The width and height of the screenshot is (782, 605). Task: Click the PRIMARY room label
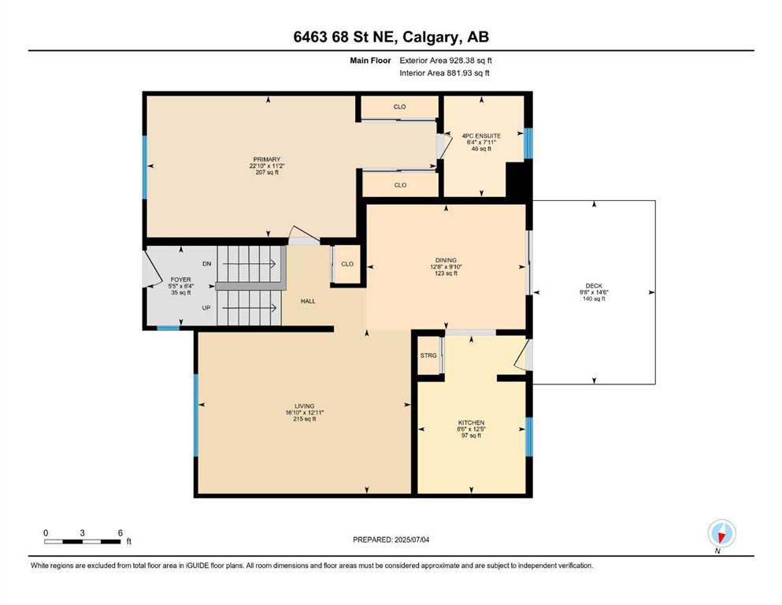[x=267, y=160]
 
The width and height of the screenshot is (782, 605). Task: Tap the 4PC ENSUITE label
[x=481, y=135]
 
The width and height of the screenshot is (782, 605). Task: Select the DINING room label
[x=446, y=260]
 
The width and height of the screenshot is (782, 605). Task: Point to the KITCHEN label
[x=471, y=422]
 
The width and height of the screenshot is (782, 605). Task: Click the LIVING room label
[x=304, y=406]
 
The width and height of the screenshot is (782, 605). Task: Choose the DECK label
[x=594, y=286]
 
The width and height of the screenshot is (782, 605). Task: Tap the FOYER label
[x=180, y=280]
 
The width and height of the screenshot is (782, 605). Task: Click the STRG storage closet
[x=428, y=355]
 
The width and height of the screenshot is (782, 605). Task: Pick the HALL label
[x=308, y=301]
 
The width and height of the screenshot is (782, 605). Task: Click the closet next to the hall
[x=347, y=264]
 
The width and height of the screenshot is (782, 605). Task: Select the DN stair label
[x=207, y=264]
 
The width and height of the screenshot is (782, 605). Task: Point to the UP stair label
[x=206, y=308]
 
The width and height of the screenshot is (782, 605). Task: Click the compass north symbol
[x=721, y=533]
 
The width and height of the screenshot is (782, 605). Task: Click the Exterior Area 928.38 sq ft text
[x=446, y=61]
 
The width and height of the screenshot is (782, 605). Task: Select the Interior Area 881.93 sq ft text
[x=444, y=72]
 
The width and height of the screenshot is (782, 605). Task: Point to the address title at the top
[x=391, y=37]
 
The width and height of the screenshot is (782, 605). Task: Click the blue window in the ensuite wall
[x=528, y=143]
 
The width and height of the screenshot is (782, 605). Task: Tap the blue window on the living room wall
[x=196, y=415]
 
